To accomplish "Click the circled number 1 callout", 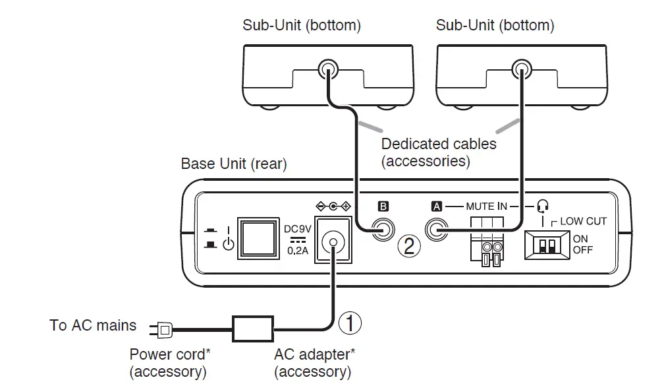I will (350, 323).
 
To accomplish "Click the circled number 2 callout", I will (409, 246).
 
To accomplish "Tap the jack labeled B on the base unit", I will (381, 231).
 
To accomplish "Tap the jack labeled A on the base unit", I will (436, 231).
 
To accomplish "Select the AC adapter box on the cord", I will (252, 326).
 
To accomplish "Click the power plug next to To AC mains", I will (162, 327).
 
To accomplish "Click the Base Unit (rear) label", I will (234, 163).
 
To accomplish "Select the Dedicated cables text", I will (439, 144).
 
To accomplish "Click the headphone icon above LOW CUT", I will (543, 206).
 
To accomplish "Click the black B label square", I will (383, 207).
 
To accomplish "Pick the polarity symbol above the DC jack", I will (334, 207).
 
